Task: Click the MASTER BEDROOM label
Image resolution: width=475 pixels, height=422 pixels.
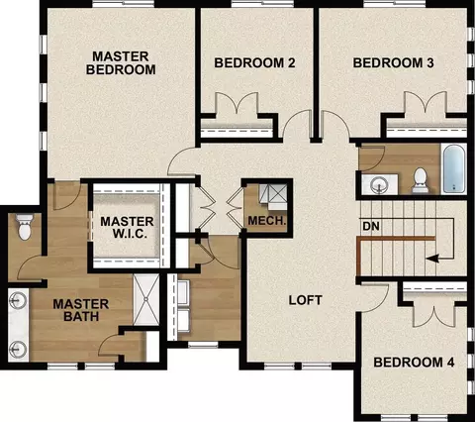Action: [121, 63]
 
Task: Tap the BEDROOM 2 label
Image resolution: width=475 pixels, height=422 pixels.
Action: [254, 62]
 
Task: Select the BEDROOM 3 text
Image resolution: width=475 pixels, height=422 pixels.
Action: [393, 62]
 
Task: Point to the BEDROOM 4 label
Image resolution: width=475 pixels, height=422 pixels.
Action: [414, 363]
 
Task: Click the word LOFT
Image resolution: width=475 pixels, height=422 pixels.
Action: [306, 300]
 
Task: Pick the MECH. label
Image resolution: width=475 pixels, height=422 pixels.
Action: [267, 221]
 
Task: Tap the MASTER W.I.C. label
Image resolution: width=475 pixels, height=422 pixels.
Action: [128, 227]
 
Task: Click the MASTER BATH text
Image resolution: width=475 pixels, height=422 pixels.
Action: [81, 310]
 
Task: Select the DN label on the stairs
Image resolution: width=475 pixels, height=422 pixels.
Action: [371, 226]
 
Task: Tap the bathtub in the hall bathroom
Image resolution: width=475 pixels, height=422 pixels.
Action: [454, 168]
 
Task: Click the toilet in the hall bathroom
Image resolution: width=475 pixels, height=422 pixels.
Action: [420, 180]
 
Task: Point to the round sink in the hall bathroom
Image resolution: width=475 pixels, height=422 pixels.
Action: [380, 184]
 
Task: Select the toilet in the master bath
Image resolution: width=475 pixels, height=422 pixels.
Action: [25, 227]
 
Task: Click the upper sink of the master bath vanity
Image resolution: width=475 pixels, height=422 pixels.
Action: [18, 300]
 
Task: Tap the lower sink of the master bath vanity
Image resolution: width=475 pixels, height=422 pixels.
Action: [18, 348]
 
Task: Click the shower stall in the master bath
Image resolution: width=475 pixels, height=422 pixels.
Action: [146, 299]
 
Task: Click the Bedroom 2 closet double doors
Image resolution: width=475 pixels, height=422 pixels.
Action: [237, 103]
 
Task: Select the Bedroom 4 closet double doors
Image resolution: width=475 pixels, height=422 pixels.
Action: [434, 315]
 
